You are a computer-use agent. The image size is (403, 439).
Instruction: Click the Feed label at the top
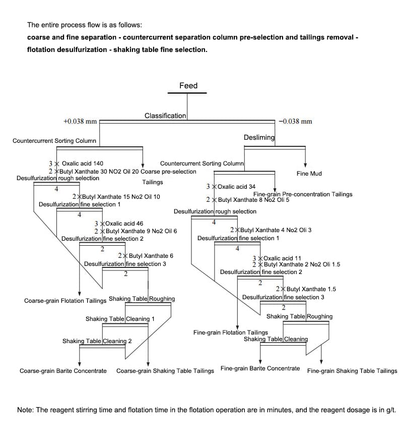pyautogui.click(x=188, y=86)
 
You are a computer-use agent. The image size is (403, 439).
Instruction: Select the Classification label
pyautogui.click(x=165, y=116)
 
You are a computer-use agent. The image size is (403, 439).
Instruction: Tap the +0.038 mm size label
pyautogui.click(x=80, y=121)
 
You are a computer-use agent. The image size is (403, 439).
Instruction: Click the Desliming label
pyautogui.click(x=259, y=137)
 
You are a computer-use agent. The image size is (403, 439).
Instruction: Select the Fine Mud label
pyautogui.click(x=309, y=174)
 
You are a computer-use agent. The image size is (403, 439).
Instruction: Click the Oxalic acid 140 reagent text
pyautogui.click(x=83, y=164)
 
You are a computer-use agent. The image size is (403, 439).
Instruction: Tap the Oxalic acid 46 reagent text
pyautogui.click(x=124, y=224)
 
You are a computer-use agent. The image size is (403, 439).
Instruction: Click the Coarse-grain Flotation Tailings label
pyautogui.click(x=65, y=301)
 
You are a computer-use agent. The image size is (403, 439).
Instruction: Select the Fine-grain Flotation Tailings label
pyautogui.click(x=231, y=333)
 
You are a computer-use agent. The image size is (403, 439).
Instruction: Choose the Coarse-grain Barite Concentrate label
pyautogui.click(x=63, y=371)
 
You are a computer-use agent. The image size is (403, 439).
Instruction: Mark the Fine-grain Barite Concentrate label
pyautogui.click(x=260, y=368)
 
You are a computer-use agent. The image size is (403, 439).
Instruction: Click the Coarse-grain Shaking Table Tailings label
pyautogui.click(x=165, y=371)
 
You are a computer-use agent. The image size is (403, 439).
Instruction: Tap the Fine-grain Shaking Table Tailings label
pyautogui.click(x=352, y=371)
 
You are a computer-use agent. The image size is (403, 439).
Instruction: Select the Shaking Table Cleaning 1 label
pyautogui.click(x=120, y=319)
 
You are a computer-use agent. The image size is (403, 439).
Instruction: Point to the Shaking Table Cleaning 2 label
pyautogui.click(x=97, y=341)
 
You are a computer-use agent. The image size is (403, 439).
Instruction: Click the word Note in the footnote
pyautogui.click(x=25, y=410)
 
